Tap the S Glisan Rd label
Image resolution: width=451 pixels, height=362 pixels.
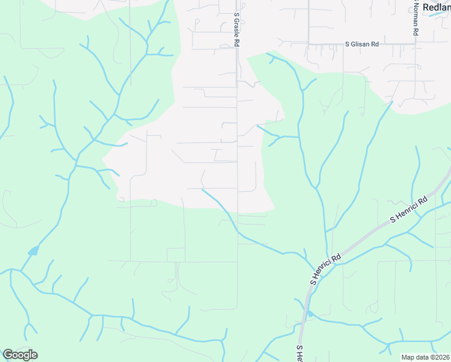(x=361, y=44)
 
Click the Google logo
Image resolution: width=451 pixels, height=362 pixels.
(x=20, y=355)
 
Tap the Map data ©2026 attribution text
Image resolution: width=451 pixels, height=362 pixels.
(x=425, y=357)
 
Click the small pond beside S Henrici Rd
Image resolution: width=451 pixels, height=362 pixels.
(x=309, y=314)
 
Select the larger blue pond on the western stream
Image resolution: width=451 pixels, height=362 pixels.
(x=33, y=250)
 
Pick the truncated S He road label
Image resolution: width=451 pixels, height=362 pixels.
(x=299, y=354)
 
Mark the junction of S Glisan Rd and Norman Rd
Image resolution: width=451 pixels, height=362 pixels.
(x=415, y=43)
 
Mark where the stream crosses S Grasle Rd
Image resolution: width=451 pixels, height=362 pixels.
(x=238, y=230)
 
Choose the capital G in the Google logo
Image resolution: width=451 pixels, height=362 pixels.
(x=8, y=355)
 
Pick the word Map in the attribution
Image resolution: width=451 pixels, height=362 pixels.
(x=408, y=357)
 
